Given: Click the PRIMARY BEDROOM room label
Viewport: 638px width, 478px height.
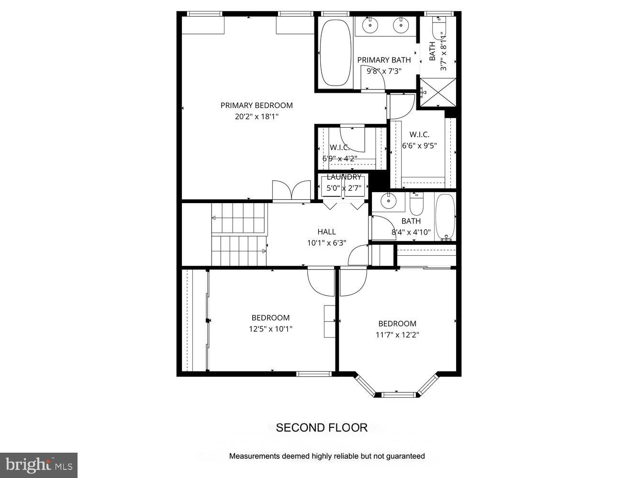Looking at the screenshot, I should point(256,105).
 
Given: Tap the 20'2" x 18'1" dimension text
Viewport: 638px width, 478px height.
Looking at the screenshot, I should point(256,116).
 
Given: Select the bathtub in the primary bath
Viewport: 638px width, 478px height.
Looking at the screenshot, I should point(335,52).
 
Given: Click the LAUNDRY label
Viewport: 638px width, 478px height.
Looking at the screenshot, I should point(344,177).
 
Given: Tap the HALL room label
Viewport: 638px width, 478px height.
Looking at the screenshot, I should point(326,232).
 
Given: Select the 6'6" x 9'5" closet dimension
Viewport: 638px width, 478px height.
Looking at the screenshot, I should point(419,146).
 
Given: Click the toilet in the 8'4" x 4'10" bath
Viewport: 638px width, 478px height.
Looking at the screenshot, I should point(417,204).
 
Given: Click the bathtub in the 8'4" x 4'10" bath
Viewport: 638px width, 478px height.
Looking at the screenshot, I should point(445,216).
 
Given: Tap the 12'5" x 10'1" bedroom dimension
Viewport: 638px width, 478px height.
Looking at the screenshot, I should point(270,329).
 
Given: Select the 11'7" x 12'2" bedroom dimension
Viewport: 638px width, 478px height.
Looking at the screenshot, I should point(397,335).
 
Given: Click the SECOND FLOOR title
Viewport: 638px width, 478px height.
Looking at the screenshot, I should point(322,428).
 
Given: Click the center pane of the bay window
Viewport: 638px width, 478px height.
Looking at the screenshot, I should point(396,395).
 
